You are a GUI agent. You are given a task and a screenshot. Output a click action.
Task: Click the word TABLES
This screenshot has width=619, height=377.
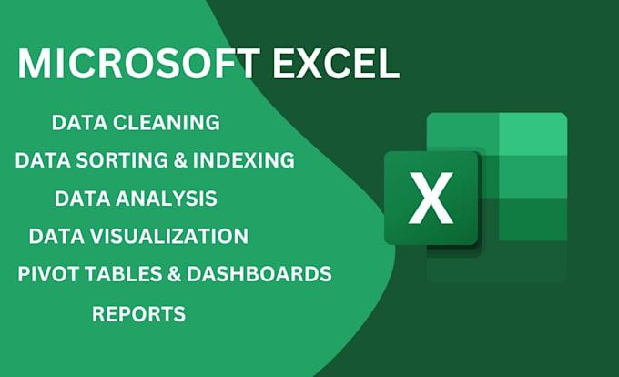coord(116,274)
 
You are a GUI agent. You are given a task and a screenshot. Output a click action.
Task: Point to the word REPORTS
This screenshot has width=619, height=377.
coord(138,314)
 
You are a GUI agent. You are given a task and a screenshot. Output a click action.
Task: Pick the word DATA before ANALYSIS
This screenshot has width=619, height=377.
coord(79,198)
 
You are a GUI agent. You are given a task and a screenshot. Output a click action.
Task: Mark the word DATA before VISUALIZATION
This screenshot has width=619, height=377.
coord(54,236)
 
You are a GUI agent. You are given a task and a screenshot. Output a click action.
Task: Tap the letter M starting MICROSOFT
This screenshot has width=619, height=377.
coord(35,63)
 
